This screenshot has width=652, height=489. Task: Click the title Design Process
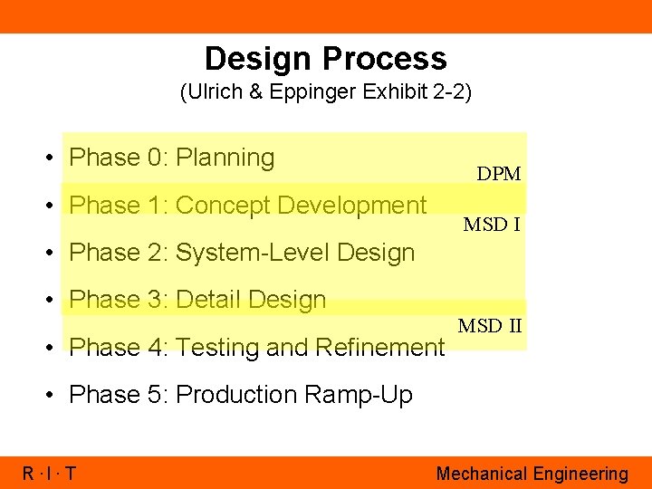325,59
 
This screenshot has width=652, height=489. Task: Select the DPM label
499,174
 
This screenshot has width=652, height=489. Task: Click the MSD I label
492,225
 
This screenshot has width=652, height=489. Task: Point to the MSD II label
490,326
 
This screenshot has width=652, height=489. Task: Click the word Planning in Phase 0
225,158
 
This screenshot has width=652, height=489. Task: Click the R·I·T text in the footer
49,474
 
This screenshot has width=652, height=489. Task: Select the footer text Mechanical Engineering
532,474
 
